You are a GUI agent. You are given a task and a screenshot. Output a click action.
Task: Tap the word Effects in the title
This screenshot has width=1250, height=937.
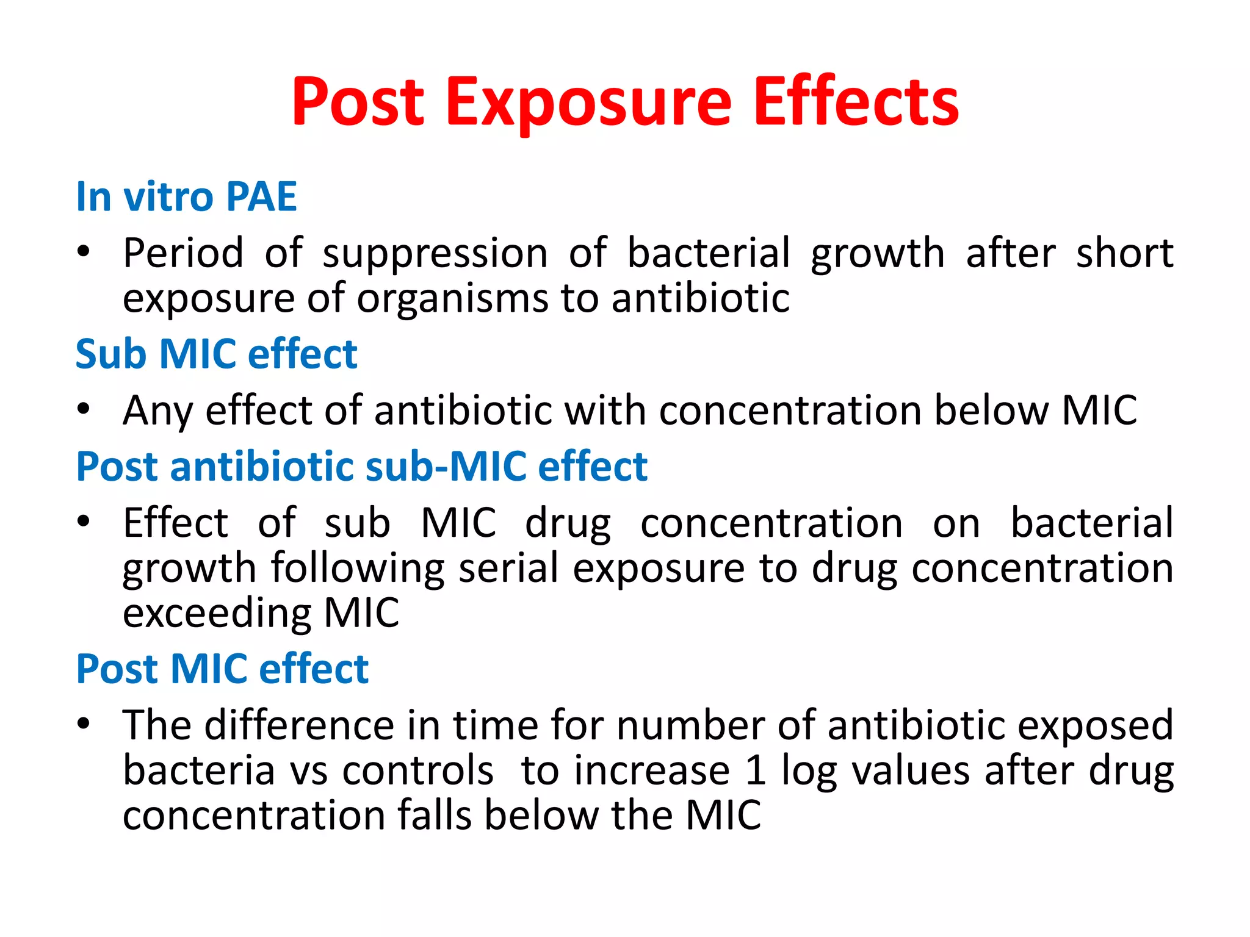pos(856,102)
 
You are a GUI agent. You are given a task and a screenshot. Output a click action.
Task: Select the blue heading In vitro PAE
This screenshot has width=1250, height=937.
pos(186,197)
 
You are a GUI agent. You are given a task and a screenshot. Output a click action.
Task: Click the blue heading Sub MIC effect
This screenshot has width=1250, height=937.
pos(216,354)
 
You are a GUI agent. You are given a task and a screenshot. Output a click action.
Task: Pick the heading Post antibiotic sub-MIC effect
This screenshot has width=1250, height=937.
pos(361,467)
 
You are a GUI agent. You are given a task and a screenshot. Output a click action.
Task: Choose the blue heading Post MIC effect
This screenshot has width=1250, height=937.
pos(222,669)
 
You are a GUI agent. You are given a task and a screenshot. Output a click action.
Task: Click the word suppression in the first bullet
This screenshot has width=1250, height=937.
pos(435,253)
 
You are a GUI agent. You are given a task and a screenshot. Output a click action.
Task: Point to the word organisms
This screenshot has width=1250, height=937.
pos(452,299)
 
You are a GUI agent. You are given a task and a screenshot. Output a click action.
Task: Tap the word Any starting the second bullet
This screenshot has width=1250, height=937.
pos(157,411)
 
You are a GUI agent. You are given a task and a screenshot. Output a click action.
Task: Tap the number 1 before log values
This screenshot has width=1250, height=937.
pos(756,771)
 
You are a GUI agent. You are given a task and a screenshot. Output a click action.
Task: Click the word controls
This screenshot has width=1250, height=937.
pos(417,771)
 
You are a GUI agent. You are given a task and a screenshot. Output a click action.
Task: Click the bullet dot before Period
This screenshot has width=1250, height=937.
pos(84,251)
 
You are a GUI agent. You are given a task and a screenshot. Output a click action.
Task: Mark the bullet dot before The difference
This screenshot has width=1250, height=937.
pos(84,723)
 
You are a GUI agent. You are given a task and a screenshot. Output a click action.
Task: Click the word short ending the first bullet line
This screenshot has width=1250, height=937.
pos(1124,253)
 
